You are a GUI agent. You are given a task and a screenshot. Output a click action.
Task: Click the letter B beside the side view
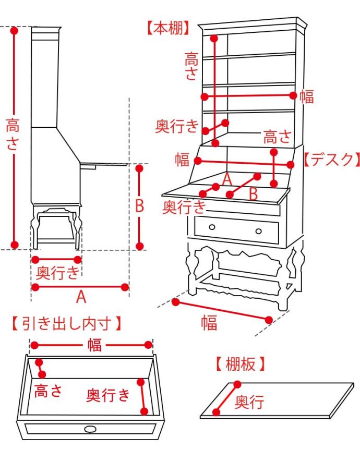(x=139, y=206)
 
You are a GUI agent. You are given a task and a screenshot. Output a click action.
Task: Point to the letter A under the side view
(x=81, y=297)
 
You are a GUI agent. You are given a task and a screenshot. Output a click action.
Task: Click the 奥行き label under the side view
(x=58, y=272)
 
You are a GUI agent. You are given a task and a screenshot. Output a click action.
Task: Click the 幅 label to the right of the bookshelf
(x=307, y=96)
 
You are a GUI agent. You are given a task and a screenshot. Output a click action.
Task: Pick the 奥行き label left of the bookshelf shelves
(x=177, y=126)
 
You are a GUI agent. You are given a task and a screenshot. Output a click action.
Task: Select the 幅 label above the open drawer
(x=94, y=345)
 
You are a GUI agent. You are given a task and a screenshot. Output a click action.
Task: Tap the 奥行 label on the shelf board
(x=249, y=402)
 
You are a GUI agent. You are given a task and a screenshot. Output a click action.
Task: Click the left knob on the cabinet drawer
(x=212, y=226)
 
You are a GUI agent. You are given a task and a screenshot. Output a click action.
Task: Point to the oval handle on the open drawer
(x=90, y=429)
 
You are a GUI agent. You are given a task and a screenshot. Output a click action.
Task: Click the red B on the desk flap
(x=253, y=193)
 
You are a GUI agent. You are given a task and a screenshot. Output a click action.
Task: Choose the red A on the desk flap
(x=226, y=179)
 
